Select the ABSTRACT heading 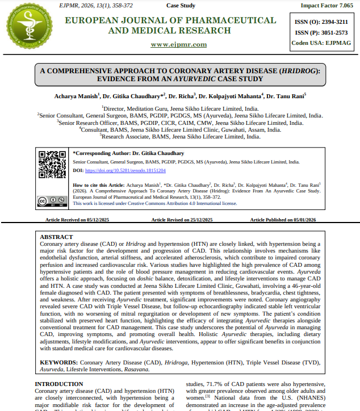click(56, 237)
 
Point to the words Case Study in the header click(181, 5)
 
